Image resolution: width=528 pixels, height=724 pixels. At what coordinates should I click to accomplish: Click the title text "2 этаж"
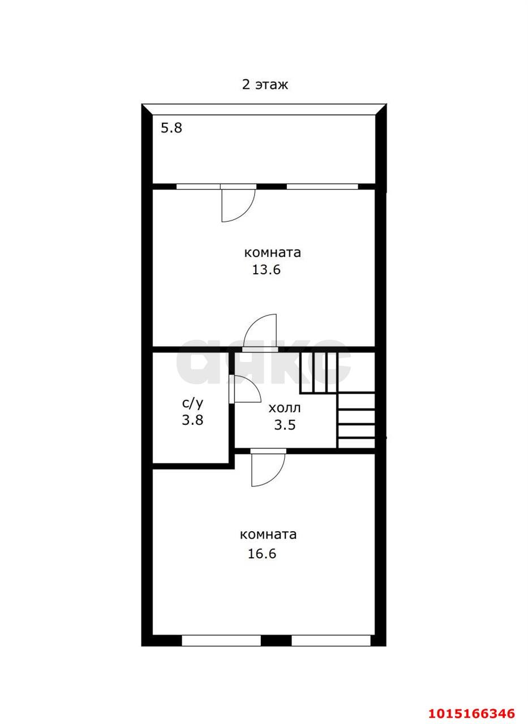[x=265, y=85]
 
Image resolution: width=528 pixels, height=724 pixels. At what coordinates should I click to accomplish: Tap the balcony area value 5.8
[x=171, y=128]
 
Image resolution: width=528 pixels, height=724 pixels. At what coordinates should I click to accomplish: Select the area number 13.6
[x=266, y=269]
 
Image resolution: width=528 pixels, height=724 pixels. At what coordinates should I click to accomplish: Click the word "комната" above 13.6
[x=272, y=252]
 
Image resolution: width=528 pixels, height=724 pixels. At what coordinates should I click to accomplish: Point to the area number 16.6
[x=262, y=554]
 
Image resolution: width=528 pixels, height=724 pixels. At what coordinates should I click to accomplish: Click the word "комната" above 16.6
[x=268, y=535]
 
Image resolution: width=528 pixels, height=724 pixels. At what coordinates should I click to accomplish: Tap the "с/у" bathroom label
[x=193, y=403]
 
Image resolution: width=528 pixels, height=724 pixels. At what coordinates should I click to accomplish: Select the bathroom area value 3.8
[x=192, y=420]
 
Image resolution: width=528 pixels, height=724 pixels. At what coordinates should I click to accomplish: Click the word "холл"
[x=285, y=408]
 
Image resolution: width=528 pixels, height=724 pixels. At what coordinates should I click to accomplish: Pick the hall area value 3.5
[x=285, y=425]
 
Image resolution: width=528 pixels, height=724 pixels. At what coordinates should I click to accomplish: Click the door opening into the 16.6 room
[x=268, y=471]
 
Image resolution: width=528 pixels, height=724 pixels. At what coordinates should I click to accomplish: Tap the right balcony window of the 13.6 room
[x=322, y=187]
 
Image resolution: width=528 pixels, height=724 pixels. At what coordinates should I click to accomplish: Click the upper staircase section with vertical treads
[x=319, y=373]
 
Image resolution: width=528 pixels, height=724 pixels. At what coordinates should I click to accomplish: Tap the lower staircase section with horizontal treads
[x=356, y=420]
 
